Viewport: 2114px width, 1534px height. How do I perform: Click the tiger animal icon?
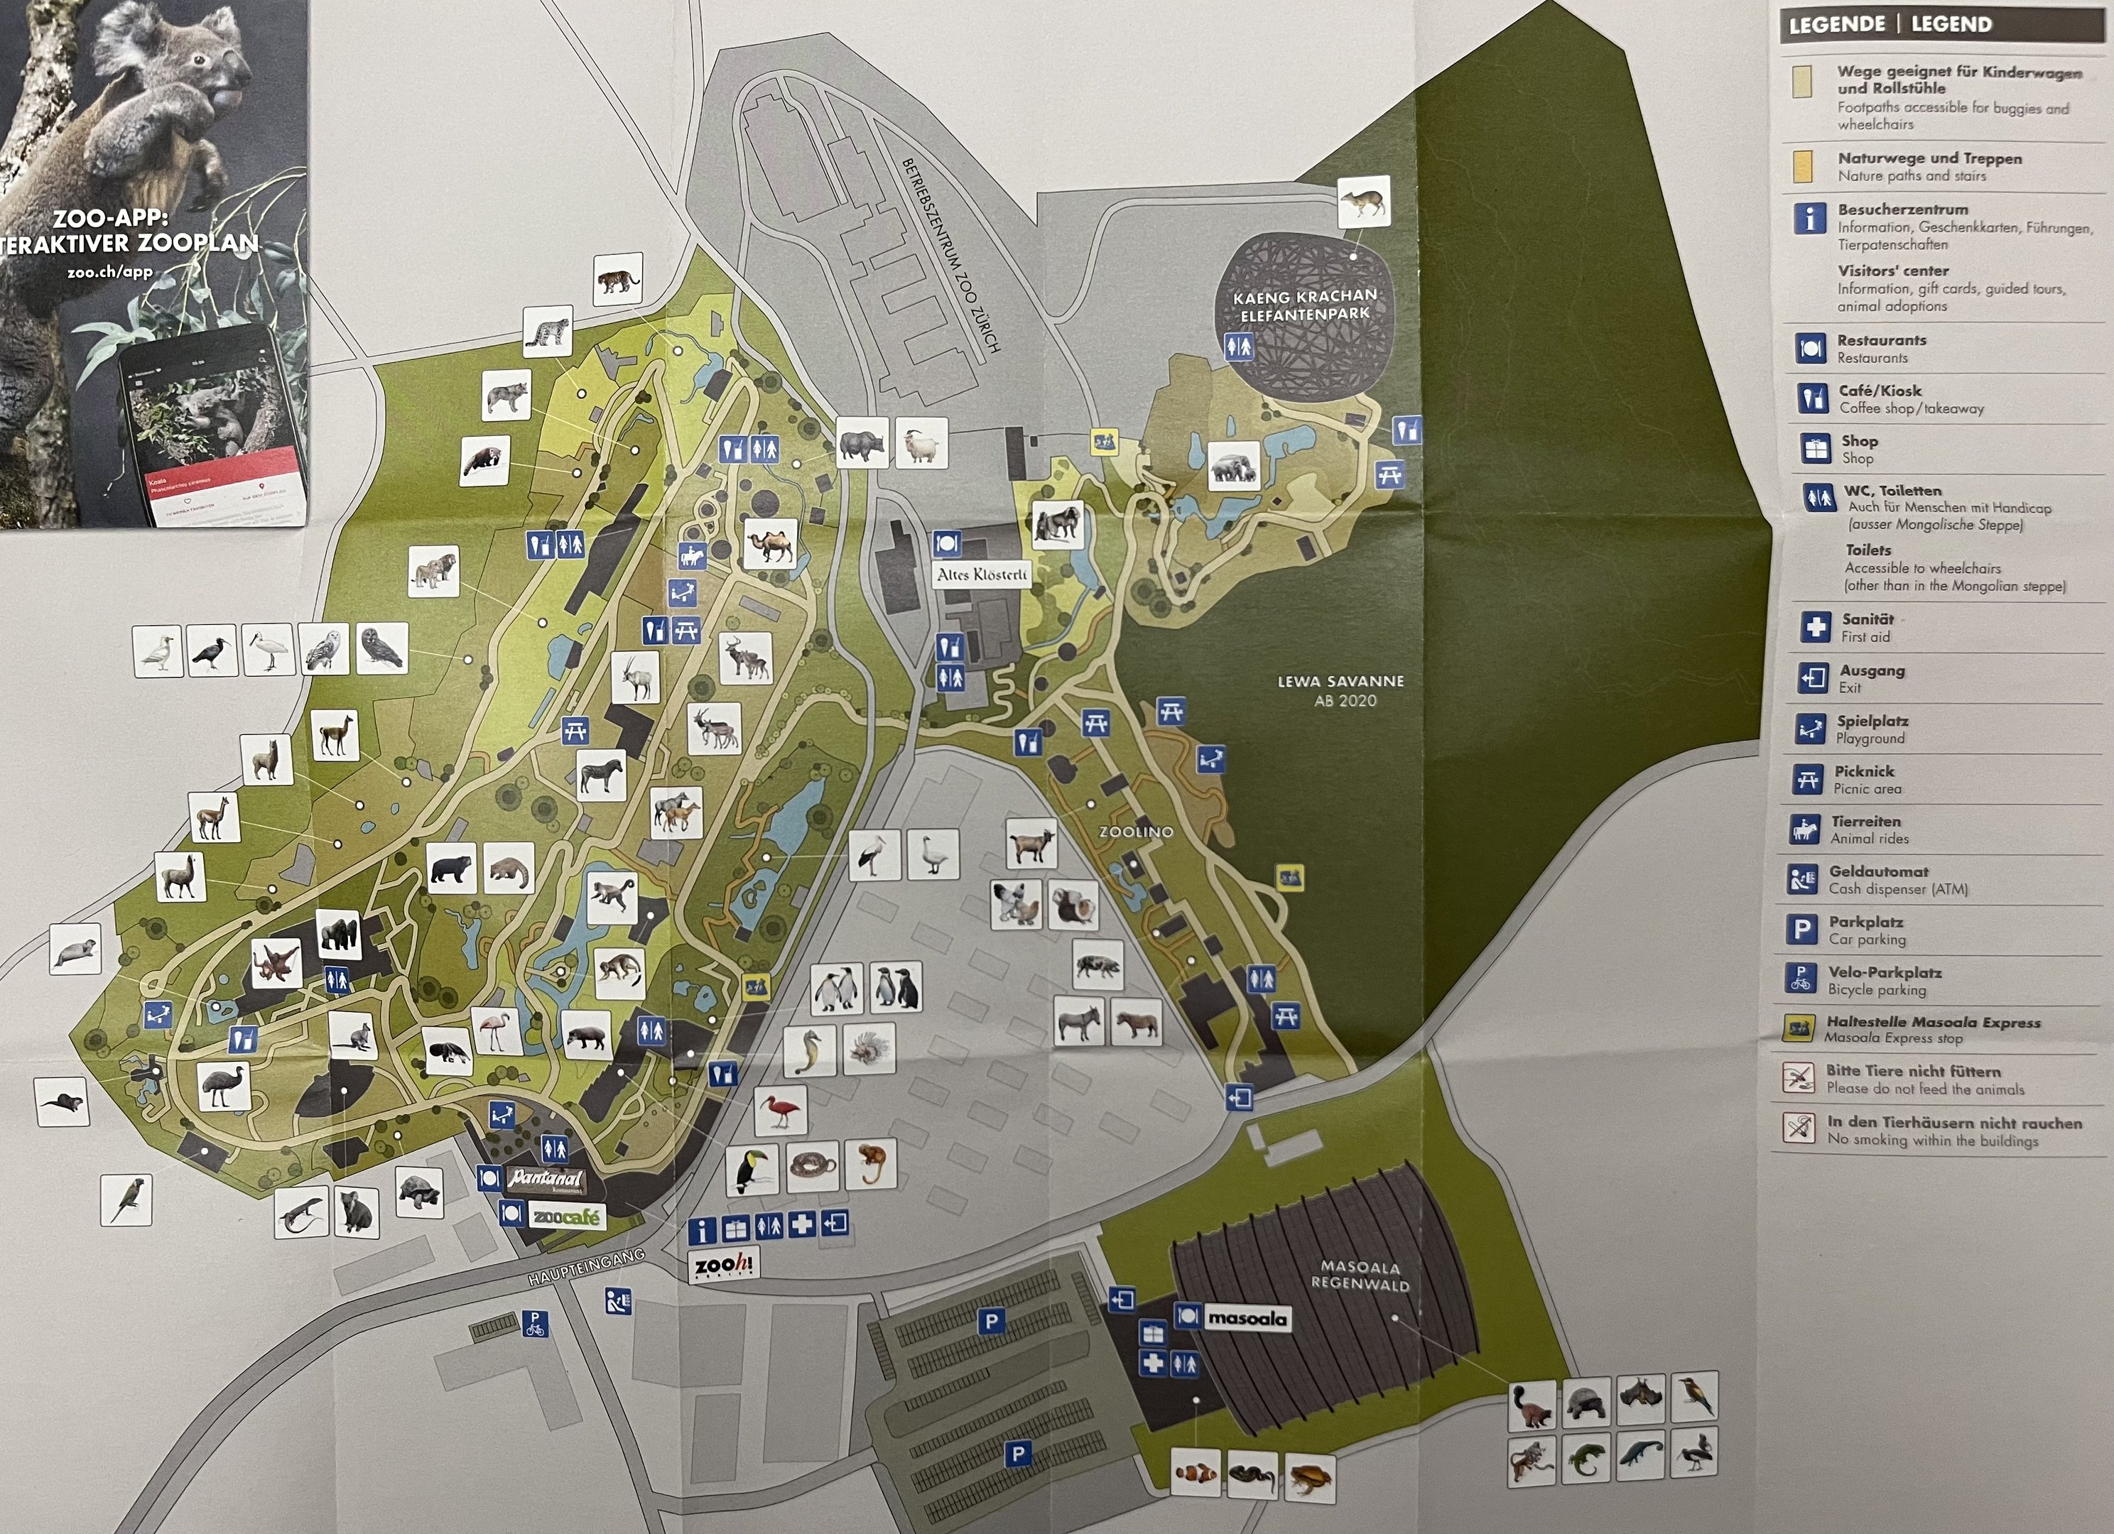(x=617, y=278)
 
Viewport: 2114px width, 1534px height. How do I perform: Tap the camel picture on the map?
(x=770, y=543)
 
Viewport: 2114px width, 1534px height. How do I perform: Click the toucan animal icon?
(x=752, y=1170)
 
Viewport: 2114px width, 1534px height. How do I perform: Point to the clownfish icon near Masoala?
(x=1195, y=1472)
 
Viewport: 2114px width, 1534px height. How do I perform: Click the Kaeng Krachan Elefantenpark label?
(x=1304, y=305)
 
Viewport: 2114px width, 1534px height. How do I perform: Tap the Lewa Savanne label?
(x=1340, y=690)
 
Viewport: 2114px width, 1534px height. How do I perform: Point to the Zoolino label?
(x=1137, y=832)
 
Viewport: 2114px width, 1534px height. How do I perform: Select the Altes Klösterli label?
(x=982, y=574)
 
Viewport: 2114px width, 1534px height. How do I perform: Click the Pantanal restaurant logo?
(x=546, y=1179)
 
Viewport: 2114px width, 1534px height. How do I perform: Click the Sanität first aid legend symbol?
(x=1815, y=627)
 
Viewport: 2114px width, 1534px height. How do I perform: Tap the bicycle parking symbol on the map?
(x=535, y=1323)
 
